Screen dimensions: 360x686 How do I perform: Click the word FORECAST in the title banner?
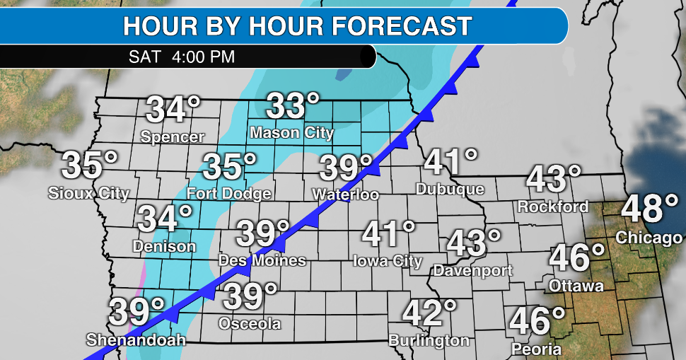point(401,26)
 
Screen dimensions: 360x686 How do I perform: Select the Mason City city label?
point(292,132)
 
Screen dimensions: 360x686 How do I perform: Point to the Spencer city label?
point(173,137)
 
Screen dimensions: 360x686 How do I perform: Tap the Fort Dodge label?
point(229,193)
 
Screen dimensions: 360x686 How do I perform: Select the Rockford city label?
point(553,207)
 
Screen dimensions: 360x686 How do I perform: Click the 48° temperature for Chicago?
point(650,210)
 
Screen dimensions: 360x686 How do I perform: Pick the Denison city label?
point(165,246)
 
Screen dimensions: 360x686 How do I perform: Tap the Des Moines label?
point(262,260)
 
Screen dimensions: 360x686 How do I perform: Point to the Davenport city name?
point(473,270)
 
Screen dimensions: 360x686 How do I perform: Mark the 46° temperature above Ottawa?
point(578,258)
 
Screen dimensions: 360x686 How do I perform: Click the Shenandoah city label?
point(136,340)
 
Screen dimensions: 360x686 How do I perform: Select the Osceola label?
point(250,324)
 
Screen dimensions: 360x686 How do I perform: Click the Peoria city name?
point(537,349)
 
